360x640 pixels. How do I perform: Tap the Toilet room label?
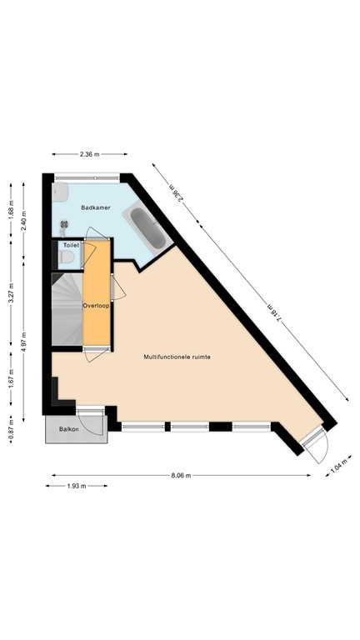(x=71, y=246)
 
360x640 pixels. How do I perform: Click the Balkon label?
(x=68, y=429)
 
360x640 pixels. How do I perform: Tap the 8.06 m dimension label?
(x=181, y=476)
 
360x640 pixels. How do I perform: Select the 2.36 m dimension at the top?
(x=89, y=154)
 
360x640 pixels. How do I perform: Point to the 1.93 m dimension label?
(x=78, y=487)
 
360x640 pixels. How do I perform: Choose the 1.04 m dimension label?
(x=335, y=467)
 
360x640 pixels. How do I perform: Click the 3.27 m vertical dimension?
(x=11, y=297)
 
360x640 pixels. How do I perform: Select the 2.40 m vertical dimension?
(x=24, y=223)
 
